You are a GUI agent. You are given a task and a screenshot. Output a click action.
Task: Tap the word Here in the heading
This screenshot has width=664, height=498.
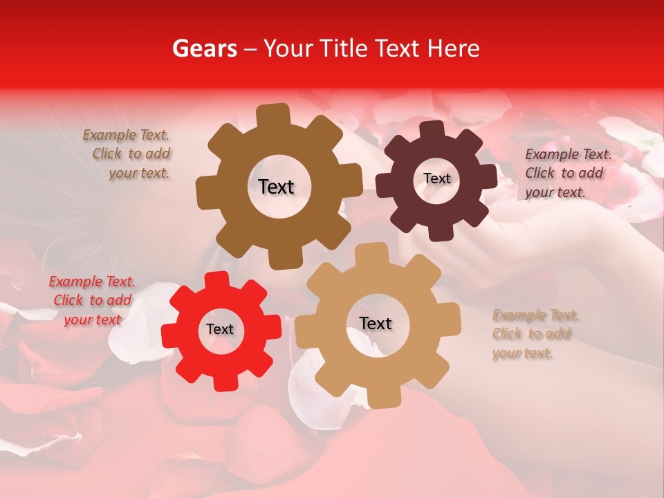click(x=455, y=48)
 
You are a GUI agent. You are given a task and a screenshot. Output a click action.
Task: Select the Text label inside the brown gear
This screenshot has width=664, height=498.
click(x=276, y=187)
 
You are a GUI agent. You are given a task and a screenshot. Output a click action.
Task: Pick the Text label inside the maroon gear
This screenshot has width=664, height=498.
click(x=436, y=178)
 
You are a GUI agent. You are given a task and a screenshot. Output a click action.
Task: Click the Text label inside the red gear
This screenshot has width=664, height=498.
click(x=220, y=329)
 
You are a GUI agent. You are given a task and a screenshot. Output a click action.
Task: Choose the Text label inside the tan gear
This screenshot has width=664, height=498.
click(x=376, y=323)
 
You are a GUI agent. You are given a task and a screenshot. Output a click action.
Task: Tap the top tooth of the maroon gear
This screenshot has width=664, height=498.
click(x=432, y=129)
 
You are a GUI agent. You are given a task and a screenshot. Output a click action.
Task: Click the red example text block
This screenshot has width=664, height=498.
click(x=92, y=300)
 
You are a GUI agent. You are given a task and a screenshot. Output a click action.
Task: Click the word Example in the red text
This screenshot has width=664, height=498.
click(x=75, y=282)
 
